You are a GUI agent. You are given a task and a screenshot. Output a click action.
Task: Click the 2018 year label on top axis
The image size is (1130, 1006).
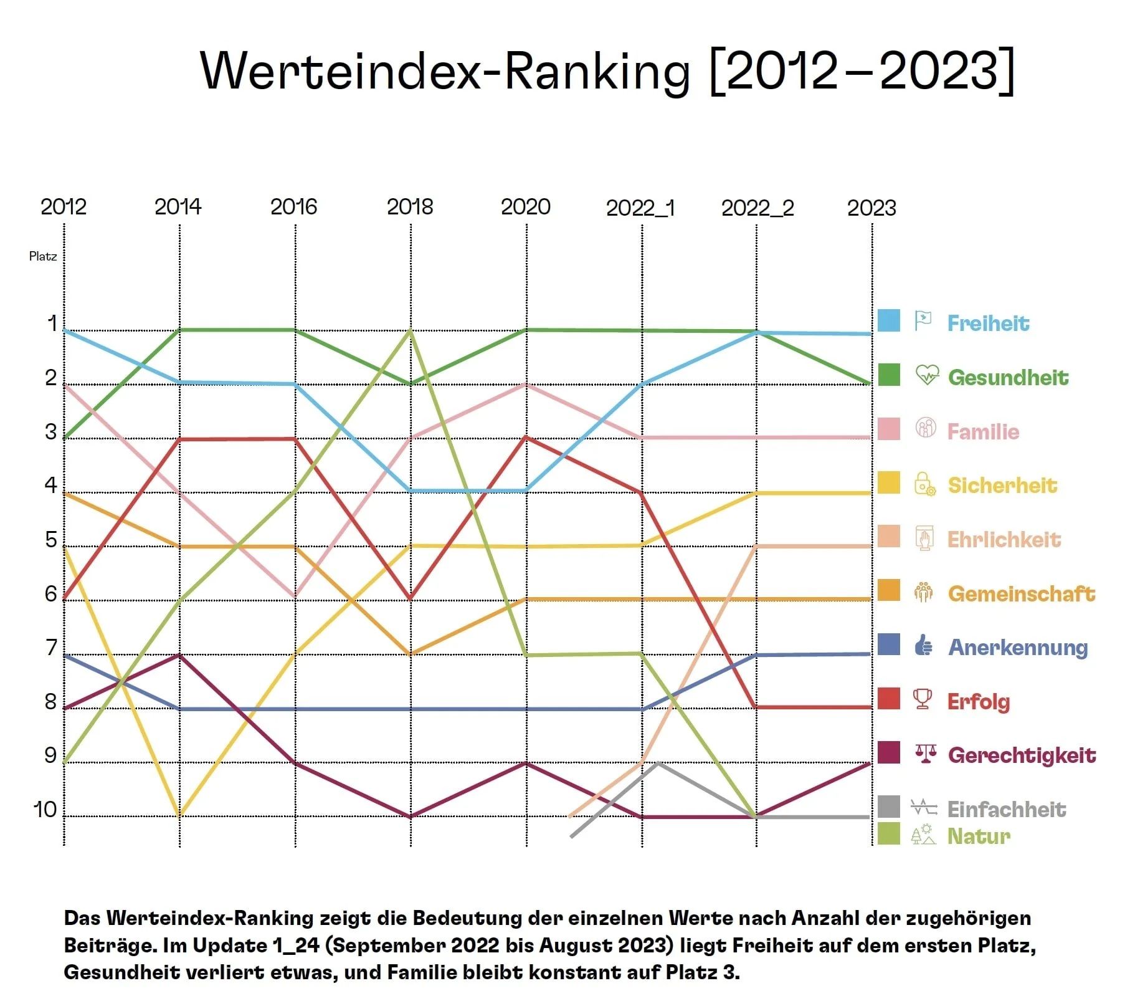pyautogui.click(x=409, y=206)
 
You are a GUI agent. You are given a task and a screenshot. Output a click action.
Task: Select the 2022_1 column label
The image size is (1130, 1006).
pyautogui.click(x=640, y=208)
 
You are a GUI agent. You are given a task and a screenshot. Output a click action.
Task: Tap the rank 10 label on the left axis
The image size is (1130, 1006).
pyautogui.click(x=45, y=810)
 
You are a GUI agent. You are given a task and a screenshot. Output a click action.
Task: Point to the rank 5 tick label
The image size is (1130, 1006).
pyautogui.click(x=50, y=540)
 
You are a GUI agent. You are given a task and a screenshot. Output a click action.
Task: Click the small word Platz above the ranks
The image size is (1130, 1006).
pyautogui.click(x=42, y=256)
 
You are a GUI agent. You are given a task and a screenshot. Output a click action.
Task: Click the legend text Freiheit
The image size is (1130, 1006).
pyautogui.click(x=988, y=323)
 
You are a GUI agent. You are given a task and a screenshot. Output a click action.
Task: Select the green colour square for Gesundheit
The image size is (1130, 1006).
pyautogui.click(x=888, y=375)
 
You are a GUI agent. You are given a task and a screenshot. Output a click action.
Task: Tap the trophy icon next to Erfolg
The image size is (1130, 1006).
pyautogui.click(x=923, y=699)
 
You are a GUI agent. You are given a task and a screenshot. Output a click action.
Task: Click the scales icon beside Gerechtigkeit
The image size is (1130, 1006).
pyautogui.click(x=925, y=754)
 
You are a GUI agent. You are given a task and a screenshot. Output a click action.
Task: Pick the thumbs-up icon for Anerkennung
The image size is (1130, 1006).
pyautogui.click(x=923, y=645)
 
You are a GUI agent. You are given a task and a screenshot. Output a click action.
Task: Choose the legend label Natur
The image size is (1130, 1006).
pyautogui.click(x=978, y=836)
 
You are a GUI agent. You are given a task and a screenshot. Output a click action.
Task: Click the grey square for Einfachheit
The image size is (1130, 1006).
pyautogui.click(x=888, y=807)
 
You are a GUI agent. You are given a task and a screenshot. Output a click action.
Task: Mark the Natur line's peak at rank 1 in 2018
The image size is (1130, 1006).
pyautogui.click(x=410, y=330)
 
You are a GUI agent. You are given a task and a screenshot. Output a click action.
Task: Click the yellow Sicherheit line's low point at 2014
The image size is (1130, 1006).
pyautogui.click(x=179, y=815)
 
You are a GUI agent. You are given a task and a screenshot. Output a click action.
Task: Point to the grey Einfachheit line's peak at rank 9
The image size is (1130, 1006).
pyautogui.click(x=658, y=763)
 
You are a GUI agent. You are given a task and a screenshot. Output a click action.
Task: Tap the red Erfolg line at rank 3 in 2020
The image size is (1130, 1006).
pyautogui.click(x=526, y=438)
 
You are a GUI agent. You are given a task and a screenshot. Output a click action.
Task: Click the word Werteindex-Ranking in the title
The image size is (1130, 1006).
pyautogui.click(x=445, y=70)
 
